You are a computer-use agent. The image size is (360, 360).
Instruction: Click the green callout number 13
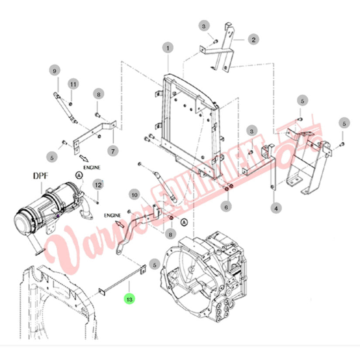129,299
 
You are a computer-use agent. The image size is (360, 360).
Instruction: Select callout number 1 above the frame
168,48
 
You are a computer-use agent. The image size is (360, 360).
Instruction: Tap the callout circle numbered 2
254,40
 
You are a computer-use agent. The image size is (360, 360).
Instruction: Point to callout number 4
276,209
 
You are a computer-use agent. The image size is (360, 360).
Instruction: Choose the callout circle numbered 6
226,207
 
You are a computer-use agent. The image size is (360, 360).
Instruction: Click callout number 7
113,151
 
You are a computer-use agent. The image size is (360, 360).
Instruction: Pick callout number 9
55,71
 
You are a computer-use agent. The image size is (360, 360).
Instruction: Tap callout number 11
73,84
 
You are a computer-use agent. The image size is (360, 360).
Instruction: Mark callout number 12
98,185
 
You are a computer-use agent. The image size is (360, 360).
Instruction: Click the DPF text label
41,176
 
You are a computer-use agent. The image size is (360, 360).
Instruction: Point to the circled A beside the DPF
79,176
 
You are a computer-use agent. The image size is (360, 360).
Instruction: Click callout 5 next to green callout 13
155,265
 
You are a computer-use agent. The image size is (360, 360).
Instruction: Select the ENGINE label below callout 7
92,168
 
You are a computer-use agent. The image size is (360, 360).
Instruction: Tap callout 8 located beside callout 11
99,94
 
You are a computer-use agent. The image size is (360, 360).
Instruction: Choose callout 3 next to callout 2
204,26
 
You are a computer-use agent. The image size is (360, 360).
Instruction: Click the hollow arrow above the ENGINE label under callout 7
84,159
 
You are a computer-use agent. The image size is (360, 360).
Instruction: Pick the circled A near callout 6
184,222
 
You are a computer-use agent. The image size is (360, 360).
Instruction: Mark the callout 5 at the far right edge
344,123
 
